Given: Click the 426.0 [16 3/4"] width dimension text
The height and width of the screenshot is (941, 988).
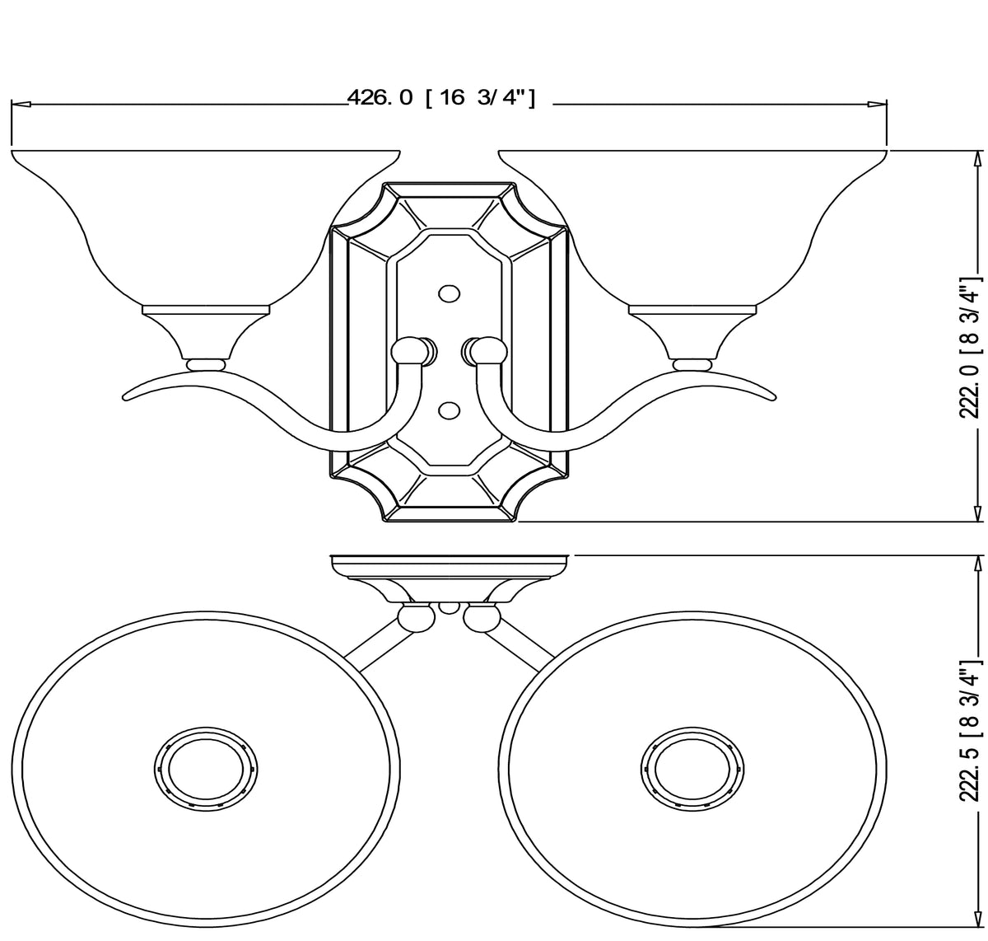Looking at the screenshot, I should pos(441,97).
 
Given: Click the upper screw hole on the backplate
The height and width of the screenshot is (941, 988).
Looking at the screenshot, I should pos(449,293).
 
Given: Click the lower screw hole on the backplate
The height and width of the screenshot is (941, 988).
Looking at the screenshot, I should pos(449,409).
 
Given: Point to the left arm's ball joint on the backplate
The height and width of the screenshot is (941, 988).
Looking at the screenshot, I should pos(409,352).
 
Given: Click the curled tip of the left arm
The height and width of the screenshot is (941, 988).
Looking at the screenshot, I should pos(129,399).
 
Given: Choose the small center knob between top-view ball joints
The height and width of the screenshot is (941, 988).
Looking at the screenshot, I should pos(449,607).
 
